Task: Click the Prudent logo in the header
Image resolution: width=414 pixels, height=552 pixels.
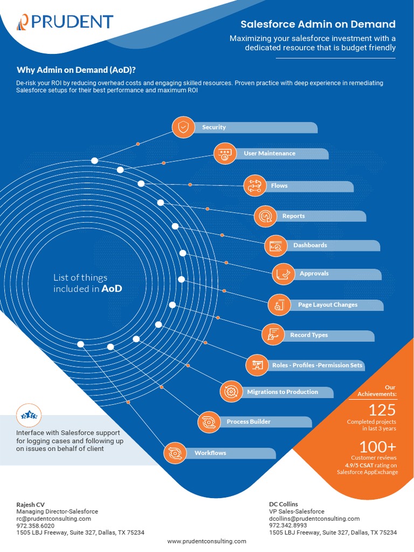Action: (65, 22)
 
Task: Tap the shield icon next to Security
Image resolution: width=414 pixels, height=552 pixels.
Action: (183, 127)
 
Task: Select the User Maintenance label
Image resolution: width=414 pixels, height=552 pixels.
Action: (270, 154)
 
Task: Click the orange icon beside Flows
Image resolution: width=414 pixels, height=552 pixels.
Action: (254, 185)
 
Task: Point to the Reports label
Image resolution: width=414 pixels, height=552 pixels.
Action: (293, 216)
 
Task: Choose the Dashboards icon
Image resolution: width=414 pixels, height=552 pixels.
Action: (275, 245)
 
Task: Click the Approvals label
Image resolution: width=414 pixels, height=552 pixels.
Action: (314, 274)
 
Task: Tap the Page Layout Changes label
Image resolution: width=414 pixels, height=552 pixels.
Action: (327, 305)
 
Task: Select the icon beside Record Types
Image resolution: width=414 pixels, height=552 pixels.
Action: (272, 335)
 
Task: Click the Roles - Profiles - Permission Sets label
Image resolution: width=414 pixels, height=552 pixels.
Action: (317, 365)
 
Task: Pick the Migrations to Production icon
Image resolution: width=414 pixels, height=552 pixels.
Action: (232, 392)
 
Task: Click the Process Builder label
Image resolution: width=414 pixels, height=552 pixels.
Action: (249, 422)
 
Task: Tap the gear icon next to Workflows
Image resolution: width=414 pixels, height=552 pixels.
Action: (175, 453)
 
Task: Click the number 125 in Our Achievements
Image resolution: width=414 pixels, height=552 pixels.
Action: (382, 410)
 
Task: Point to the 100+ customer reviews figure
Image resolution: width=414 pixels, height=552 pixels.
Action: (378, 447)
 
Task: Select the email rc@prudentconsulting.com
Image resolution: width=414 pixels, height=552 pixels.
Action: (53, 519)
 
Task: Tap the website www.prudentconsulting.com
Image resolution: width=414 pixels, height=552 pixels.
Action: (206, 541)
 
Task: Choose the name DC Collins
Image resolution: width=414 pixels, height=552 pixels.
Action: (284, 505)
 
